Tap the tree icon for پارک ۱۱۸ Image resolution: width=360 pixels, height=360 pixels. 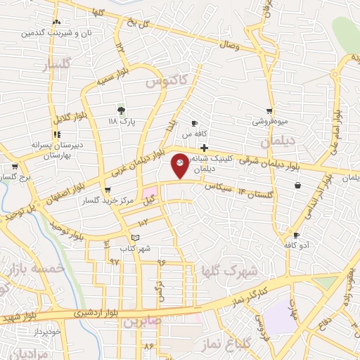[121, 110]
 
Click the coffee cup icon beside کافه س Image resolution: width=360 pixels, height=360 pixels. [194, 124]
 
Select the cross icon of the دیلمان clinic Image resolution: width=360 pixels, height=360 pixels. [204, 148]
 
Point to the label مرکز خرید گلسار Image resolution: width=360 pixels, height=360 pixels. [107, 200]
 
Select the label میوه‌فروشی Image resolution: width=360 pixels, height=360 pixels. [271, 122]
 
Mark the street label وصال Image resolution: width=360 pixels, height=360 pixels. [230, 46]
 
